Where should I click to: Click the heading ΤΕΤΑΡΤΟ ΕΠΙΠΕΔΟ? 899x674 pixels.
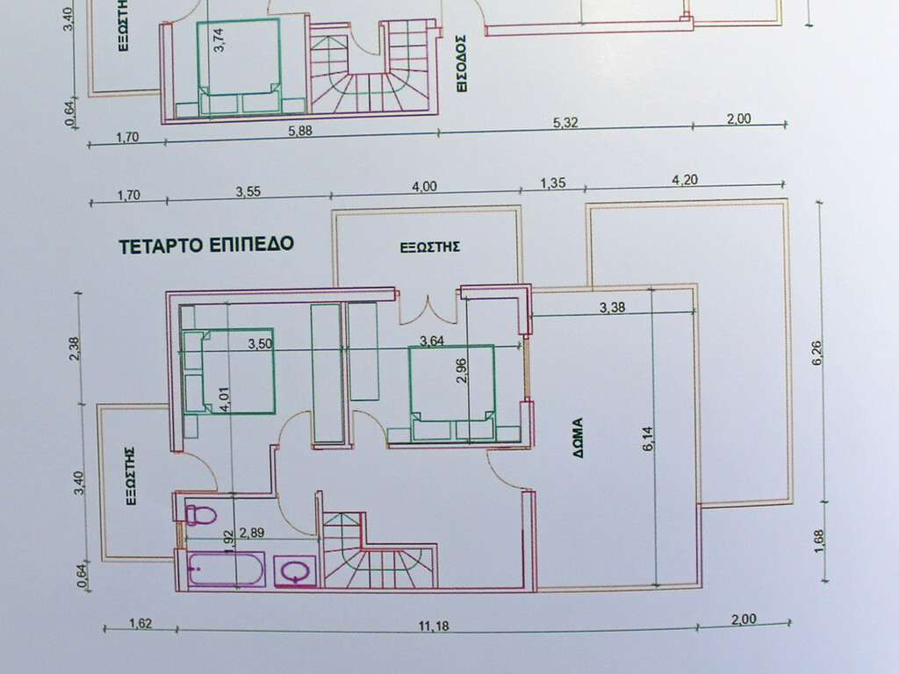(206, 245)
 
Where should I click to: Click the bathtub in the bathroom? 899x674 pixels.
(225, 569)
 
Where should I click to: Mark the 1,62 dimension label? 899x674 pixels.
(140, 624)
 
